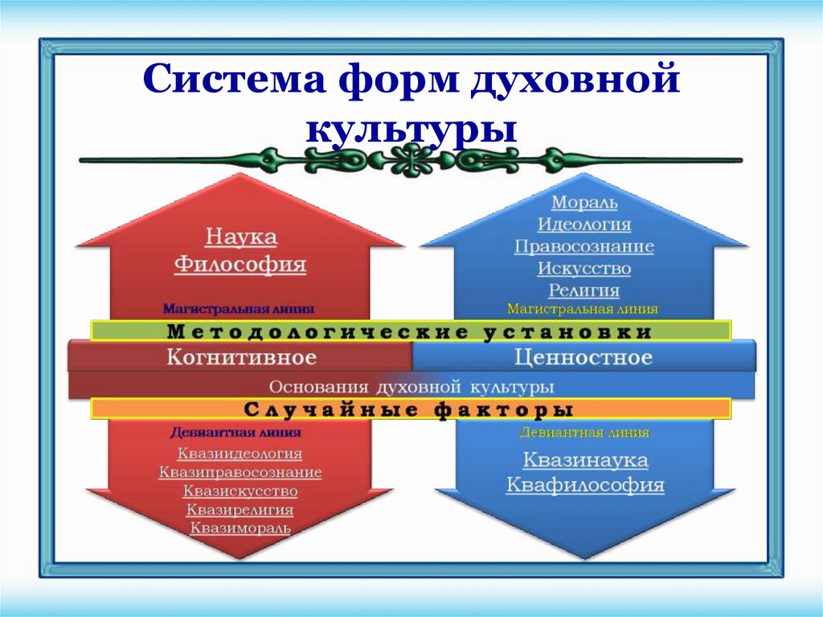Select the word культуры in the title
[x=411, y=129]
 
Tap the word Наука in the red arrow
[x=241, y=237]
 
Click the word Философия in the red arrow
[x=241, y=265]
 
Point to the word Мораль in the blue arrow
[x=584, y=203]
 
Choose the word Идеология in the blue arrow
[x=584, y=224]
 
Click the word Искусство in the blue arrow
[x=584, y=269]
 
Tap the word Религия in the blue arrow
[x=584, y=290]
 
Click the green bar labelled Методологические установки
[x=410, y=331]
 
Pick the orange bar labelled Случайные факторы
[x=410, y=409]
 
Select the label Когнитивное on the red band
[x=241, y=357]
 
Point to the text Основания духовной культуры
[x=411, y=386]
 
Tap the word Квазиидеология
[x=240, y=454]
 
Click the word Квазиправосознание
[x=240, y=472]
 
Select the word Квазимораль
[x=240, y=529]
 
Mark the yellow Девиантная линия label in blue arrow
[x=584, y=433]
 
